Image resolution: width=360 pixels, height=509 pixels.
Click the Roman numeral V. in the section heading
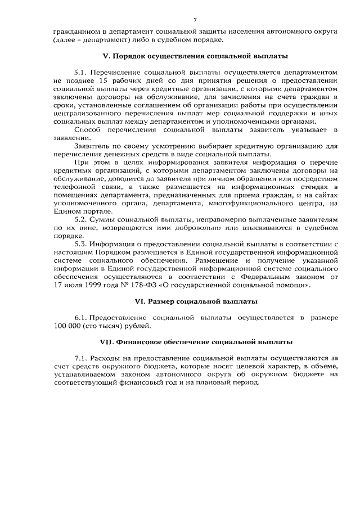(107, 57)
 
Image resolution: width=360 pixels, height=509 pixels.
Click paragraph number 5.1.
(82, 73)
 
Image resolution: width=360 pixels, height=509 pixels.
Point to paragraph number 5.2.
(82, 219)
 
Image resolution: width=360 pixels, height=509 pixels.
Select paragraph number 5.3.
(82, 245)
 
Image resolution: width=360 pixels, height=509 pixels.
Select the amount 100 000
(69, 326)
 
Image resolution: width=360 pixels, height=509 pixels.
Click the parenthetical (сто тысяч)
(106, 326)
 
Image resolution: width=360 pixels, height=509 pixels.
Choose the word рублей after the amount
(138, 326)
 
